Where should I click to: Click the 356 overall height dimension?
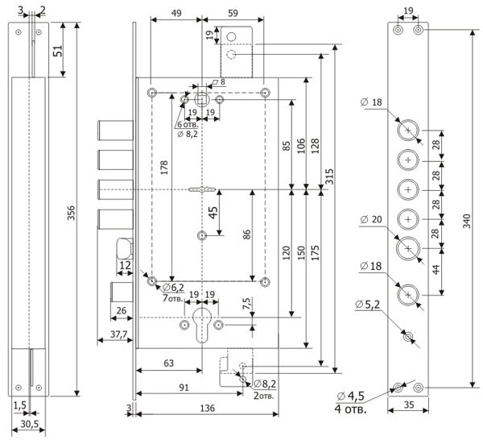[x=71, y=213]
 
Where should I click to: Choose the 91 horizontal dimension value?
[x=184, y=388]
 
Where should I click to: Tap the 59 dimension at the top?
[x=227, y=14]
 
